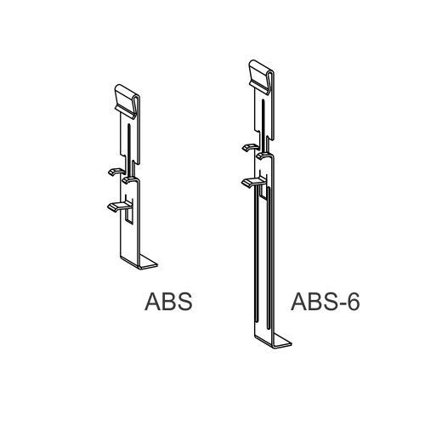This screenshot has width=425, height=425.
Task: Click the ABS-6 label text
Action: (x=325, y=303)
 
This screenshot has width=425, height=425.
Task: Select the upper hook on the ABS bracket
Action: (x=114, y=172)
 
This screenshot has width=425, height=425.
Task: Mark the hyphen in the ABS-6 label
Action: (x=339, y=305)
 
